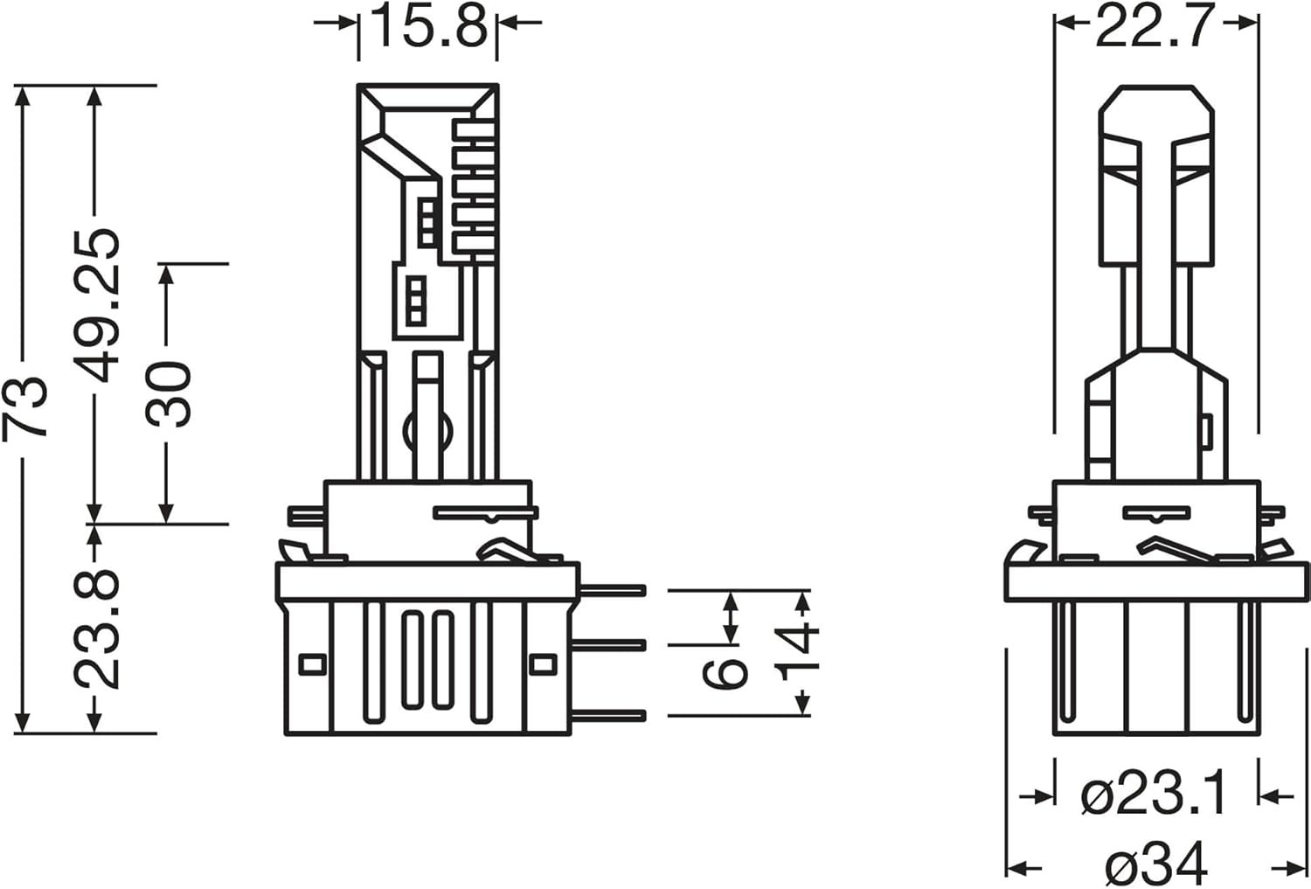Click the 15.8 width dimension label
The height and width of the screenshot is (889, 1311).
pos(428,26)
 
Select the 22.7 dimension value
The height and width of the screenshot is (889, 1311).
pos(1152,26)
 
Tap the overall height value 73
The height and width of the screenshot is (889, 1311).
pos(24,408)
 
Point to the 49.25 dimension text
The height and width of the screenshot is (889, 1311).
pos(96,305)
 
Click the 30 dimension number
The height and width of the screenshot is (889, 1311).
pos(169,394)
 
